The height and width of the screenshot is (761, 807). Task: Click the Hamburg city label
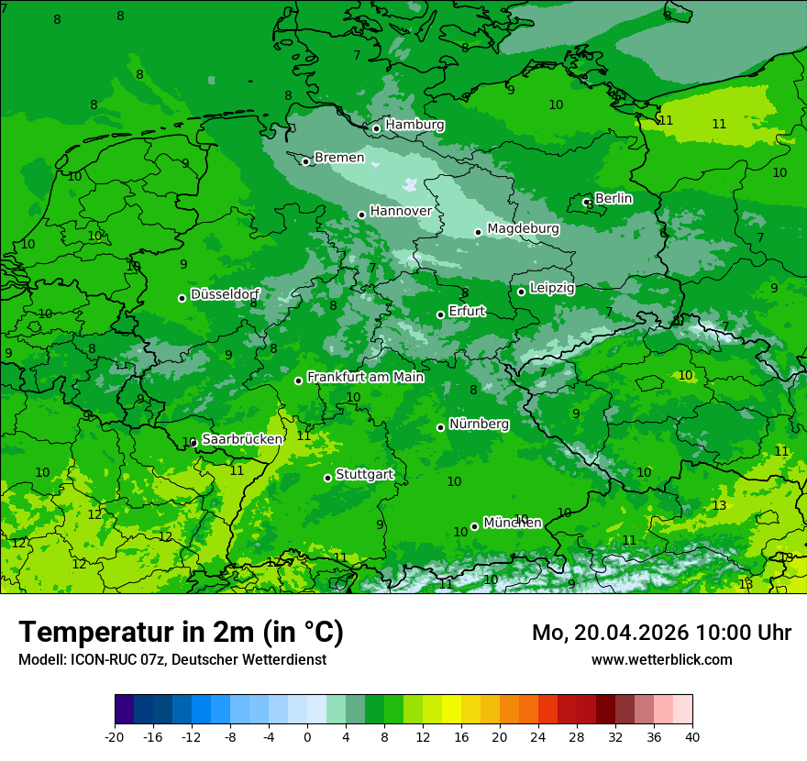(x=415, y=125)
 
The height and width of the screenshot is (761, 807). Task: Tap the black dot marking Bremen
(x=306, y=161)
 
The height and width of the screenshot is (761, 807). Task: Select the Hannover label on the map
(x=401, y=211)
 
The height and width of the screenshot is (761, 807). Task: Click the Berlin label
(x=614, y=198)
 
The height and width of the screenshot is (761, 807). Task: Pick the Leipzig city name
(x=552, y=288)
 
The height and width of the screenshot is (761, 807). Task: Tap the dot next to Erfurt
(x=441, y=314)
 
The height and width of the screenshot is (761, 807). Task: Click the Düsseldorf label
(x=225, y=294)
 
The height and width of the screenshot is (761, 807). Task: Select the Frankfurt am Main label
(x=365, y=377)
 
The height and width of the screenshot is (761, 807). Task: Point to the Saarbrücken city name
(x=242, y=439)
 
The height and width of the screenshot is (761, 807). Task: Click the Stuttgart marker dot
(x=328, y=478)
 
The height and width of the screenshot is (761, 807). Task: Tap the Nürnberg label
(x=479, y=425)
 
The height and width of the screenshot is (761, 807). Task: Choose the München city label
(x=512, y=523)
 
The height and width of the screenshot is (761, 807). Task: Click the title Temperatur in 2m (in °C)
(x=181, y=633)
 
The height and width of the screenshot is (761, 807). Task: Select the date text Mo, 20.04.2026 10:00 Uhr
(x=661, y=633)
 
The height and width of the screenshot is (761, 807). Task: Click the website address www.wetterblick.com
(x=661, y=659)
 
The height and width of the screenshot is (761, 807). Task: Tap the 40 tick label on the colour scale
(x=692, y=737)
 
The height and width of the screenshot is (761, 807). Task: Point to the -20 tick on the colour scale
(x=115, y=737)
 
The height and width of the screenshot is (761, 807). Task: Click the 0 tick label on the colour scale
(x=307, y=737)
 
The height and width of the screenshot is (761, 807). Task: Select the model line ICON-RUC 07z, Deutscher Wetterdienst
(x=171, y=659)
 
